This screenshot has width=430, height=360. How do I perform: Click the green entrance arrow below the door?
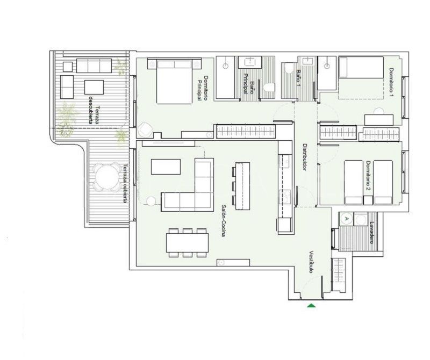[311, 305]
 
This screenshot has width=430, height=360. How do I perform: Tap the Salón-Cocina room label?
[224, 221]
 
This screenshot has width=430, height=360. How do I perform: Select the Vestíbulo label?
[311, 262]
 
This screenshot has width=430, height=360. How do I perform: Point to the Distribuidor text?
[304, 157]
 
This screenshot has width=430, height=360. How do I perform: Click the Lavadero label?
[372, 233]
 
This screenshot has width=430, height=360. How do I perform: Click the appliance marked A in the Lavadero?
[346, 219]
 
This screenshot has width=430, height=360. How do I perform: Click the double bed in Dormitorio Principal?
[174, 81]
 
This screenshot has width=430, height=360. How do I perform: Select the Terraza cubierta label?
[125, 183]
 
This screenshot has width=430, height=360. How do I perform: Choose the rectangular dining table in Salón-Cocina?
[187, 243]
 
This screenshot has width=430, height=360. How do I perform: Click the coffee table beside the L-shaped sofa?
[166, 167]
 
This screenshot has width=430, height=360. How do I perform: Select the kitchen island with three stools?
[243, 186]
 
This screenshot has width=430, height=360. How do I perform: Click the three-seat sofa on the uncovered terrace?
[94, 66]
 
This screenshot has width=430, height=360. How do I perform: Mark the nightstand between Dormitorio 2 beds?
[368, 200]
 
